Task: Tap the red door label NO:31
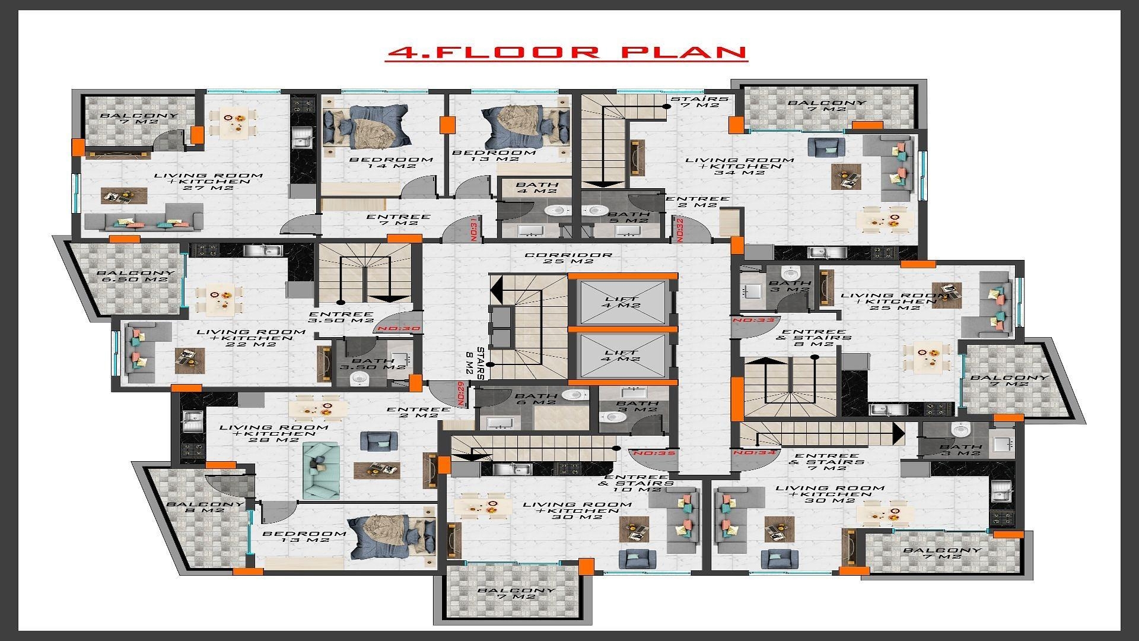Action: click(473, 229)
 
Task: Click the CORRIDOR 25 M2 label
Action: click(568, 258)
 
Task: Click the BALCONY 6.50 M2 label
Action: click(136, 277)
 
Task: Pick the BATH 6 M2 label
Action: click(536, 399)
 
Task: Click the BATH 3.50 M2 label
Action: click(372, 364)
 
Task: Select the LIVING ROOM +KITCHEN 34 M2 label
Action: click(739, 166)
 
